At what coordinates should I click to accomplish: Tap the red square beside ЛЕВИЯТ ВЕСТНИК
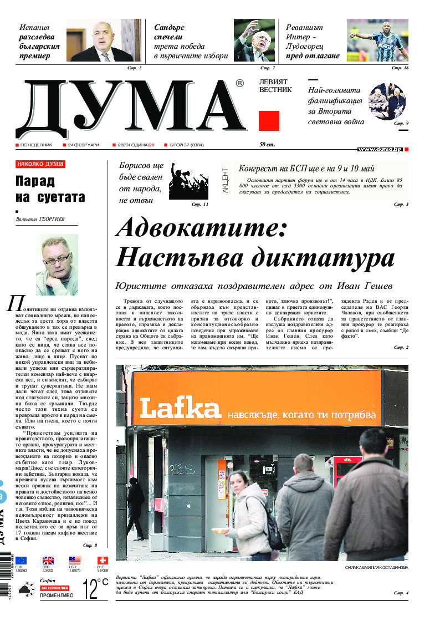click(x=269, y=120)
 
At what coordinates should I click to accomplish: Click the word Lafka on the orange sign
click(x=181, y=409)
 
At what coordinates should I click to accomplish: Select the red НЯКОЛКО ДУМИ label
click(x=40, y=164)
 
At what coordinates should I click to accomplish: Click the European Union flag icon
click(x=21, y=561)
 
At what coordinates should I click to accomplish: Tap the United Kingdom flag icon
click(x=48, y=561)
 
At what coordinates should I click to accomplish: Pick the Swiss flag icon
click(x=102, y=561)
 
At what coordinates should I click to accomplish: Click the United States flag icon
click(x=75, y=561)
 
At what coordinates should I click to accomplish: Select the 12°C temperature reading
click(x=95, y=589)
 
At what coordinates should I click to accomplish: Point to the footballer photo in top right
click(x=377, y=40)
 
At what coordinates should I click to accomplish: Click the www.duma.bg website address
click(x=380, y=149)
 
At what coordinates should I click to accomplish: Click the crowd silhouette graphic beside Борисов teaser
click(x=188, y=181)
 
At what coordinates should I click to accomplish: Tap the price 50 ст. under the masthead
click(x=268, y=145)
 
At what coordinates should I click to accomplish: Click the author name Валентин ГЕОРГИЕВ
click(x=40, y=220)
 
